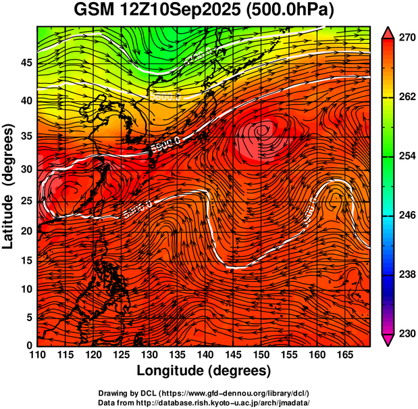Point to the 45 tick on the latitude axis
pos(26,63)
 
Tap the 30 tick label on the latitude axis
pos(26,169)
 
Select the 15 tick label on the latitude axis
pos(26,260)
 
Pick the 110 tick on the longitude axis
pos(37,355)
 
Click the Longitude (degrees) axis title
pos(204,370)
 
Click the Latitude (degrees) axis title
pos(9,185)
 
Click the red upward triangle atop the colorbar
pos(389,32)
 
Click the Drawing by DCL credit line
pos(203,393)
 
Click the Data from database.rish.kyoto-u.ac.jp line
pos(203,402)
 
